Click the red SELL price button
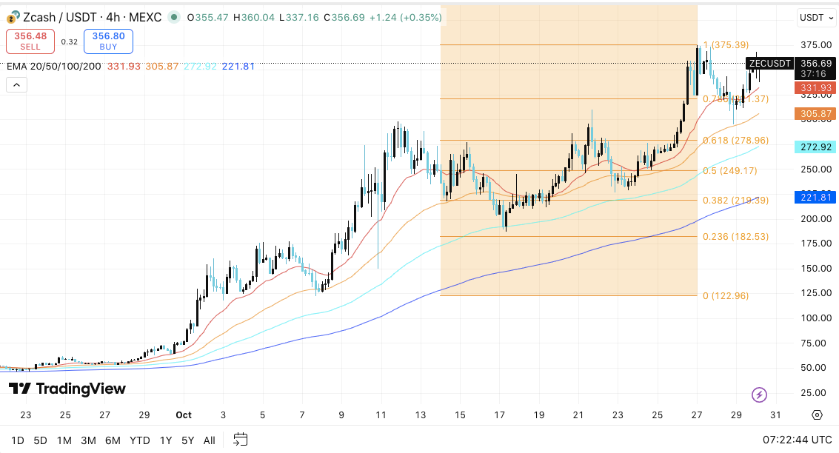coord(30,41)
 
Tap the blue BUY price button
coord(108,41)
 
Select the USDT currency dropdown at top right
coord(815,17)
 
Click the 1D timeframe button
coord(18,440)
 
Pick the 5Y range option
coord(187,440)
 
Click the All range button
coord(210,440)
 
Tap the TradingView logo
coord(67,389)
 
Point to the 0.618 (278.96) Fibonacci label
coord(735,141)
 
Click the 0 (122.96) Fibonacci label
coord(726,296)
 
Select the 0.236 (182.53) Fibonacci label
coord(735,237)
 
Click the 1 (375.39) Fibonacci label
coord(726,45)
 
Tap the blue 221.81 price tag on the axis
coord(815,197)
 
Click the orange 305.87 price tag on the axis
coord(815,114)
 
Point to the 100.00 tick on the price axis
coord(815,318)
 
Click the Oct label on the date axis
coord(184,415)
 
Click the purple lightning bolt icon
coord(759,395)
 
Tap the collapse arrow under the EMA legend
coord(16,85)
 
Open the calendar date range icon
coord(240,440)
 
